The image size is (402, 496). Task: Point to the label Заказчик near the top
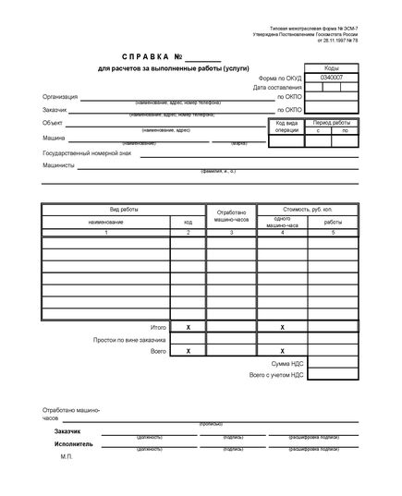coord(56,109)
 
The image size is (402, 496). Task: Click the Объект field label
coord(54,123)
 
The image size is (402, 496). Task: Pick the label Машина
coord(55,138)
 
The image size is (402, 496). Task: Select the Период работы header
coord(332,123)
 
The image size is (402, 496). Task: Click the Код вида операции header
coord(287,127)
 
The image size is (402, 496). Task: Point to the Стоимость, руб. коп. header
coord(305,212)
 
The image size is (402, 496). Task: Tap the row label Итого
coord(158,328)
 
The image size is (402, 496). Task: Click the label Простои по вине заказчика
coord(128,340)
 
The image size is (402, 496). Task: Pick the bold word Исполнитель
coord(74,443)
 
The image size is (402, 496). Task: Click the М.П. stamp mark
coord(66,456)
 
